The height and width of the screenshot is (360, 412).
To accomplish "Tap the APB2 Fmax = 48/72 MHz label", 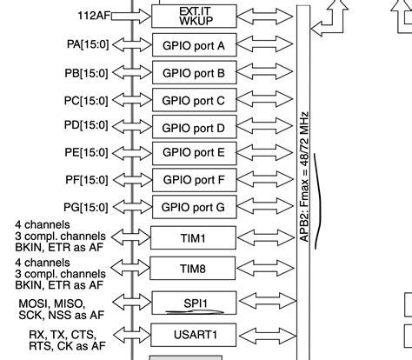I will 302,174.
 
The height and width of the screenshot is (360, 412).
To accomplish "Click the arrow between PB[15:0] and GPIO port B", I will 129,73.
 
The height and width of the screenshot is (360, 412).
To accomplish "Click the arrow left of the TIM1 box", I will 129,237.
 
